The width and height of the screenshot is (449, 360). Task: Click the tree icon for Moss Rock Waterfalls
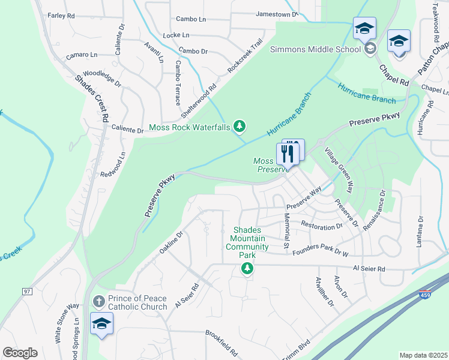[x=240, y=126]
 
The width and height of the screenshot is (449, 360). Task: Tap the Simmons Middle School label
[x=316, y=49]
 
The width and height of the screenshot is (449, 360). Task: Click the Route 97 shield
[x=26, y=292]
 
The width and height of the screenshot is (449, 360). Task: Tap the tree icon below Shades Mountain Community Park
[x=247, y=269]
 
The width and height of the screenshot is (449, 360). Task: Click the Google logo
[x=20, y=353]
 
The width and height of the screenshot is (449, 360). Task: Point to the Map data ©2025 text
[x=423, y=355]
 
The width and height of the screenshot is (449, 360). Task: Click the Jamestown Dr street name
[x=277, y=13]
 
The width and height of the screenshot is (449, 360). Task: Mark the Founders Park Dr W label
[x=320, y=253]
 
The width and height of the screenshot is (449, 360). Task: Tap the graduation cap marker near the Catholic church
[x=102, y=324]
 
